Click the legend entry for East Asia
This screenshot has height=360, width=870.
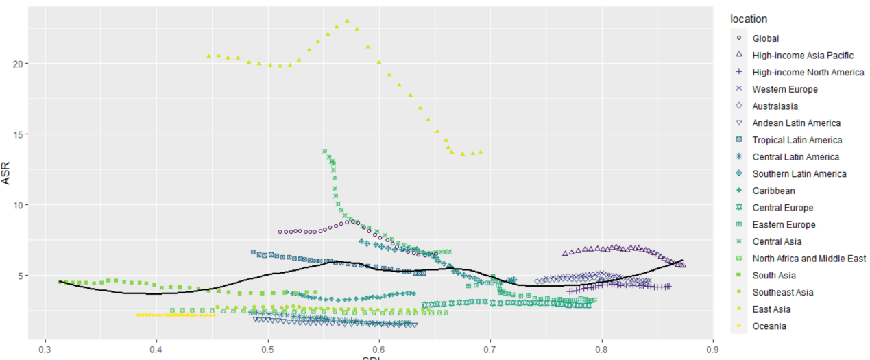771,309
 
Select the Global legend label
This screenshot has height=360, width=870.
765,38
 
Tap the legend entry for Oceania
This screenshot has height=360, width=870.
769,326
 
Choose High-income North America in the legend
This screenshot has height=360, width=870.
808,72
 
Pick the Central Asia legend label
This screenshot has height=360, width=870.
776,241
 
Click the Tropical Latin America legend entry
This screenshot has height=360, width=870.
797,140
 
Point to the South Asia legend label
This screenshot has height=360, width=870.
773,276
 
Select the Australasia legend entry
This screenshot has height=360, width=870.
775,106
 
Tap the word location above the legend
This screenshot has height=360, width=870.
749,19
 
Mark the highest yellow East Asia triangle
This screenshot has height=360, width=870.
347,21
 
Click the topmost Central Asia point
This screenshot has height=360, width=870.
325,152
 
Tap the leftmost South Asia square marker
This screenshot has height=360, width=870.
60,281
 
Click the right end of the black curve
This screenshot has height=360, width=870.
682,261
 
